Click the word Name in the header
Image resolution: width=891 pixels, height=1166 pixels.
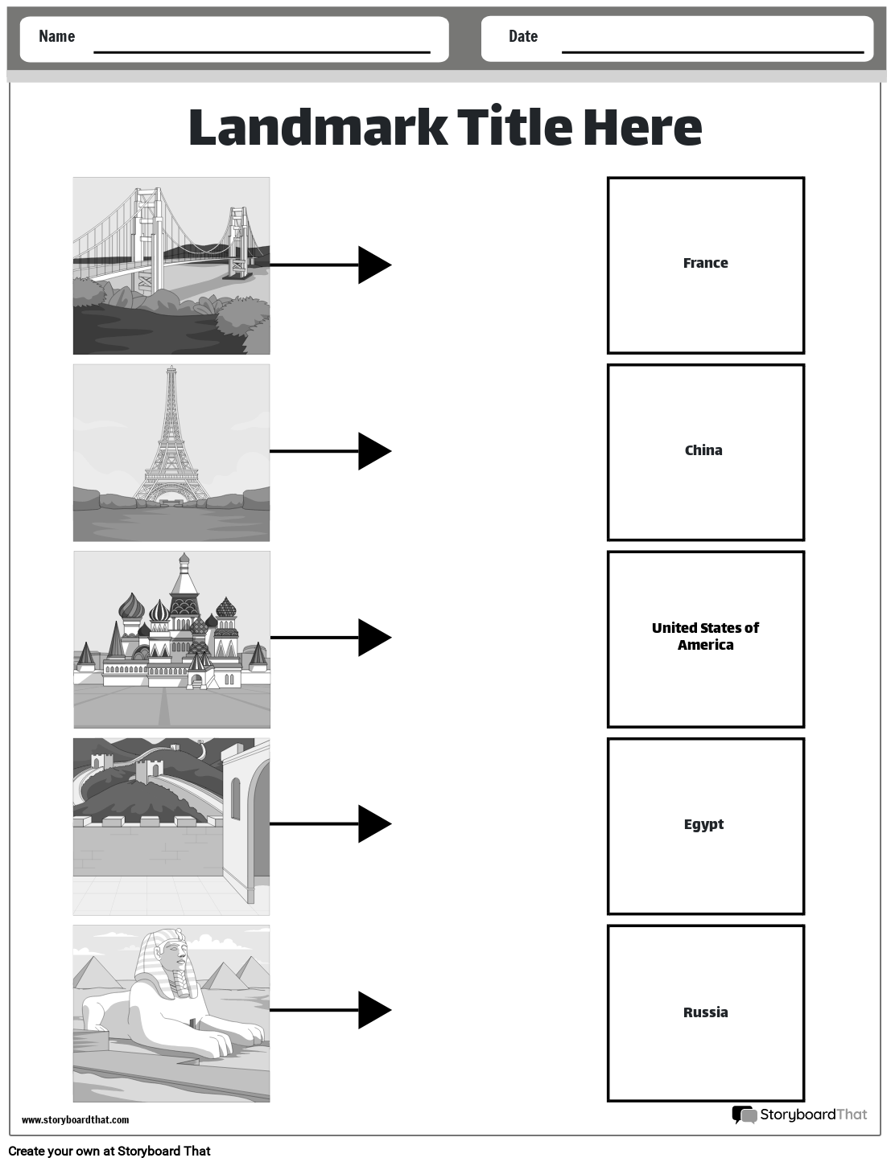point(56,36)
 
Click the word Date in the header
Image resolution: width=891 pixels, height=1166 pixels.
point(522,36)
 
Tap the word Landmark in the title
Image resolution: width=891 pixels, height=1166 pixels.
point(317,127)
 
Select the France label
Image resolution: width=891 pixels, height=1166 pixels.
point(705,263)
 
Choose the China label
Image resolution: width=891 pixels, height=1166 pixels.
point(703,450)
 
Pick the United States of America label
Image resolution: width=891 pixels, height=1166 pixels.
point(705,636)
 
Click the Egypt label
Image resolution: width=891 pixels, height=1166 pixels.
point(703,824)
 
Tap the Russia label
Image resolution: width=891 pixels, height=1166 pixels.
point(705,1012)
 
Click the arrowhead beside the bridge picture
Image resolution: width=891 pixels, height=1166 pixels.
point(373,265)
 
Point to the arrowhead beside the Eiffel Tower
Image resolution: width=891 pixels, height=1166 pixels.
point(373,451)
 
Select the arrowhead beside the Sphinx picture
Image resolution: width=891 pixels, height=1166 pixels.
point(373,1010)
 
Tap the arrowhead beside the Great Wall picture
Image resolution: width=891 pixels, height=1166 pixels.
point(373,823)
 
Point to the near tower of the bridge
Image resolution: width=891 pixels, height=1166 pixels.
point(147,233)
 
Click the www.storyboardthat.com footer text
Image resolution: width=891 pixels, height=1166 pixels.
point(75,1119)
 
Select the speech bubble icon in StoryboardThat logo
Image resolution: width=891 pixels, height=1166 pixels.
point(744,1115)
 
